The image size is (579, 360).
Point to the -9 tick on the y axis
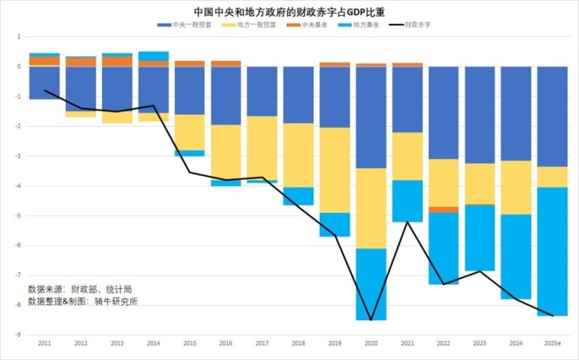pos(20,335)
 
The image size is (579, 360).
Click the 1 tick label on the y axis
pos(20,36)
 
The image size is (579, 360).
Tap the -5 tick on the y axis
pos(20,216)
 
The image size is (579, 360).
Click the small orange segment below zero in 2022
pos(444,209)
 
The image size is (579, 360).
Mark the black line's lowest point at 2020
pos(371,319)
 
